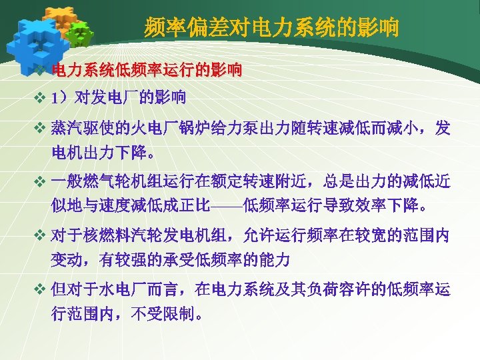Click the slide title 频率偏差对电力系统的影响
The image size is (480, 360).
click(x=271, y=28)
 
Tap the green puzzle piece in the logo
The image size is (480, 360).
click(x=79, y=32)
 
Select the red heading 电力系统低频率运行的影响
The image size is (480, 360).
click(x=147, y=70)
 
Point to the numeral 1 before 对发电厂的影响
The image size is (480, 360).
click(x=54, y=99)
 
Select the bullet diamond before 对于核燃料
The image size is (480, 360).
click(x=39, y=235)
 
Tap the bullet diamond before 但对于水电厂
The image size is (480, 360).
click(x=39, y=290)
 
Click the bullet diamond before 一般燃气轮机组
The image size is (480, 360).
click(x=39, y=181)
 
